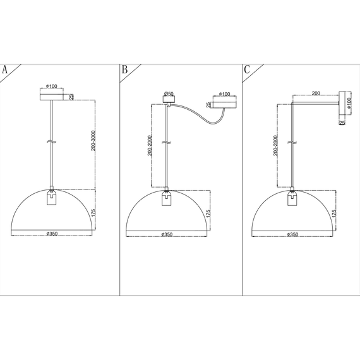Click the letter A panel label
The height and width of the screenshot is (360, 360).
(4, 69)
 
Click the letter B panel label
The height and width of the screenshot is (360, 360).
(124, 69)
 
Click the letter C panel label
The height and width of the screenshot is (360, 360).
(247, 69)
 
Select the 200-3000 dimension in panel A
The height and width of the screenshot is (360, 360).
(93, 140)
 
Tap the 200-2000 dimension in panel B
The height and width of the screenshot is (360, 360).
(150, 145)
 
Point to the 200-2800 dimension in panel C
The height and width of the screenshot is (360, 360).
(275, 145)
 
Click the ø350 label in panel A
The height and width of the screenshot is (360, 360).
(52, 234)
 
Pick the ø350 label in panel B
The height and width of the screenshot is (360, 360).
(167, 234)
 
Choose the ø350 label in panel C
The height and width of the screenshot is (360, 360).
(292, 234)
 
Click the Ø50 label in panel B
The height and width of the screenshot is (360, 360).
(169, 93)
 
